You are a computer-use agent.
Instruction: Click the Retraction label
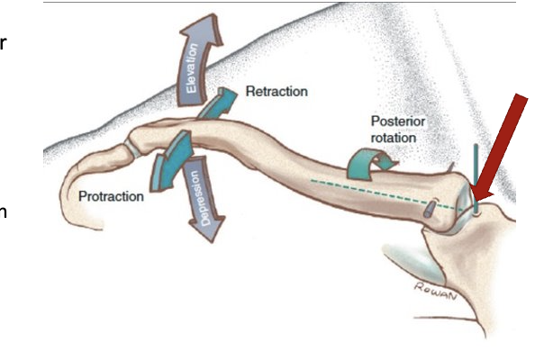(x=277, y=92)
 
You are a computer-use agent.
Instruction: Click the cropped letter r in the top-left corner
(x=4, y=42)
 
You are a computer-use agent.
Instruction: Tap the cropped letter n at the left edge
(x=4, y=212)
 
